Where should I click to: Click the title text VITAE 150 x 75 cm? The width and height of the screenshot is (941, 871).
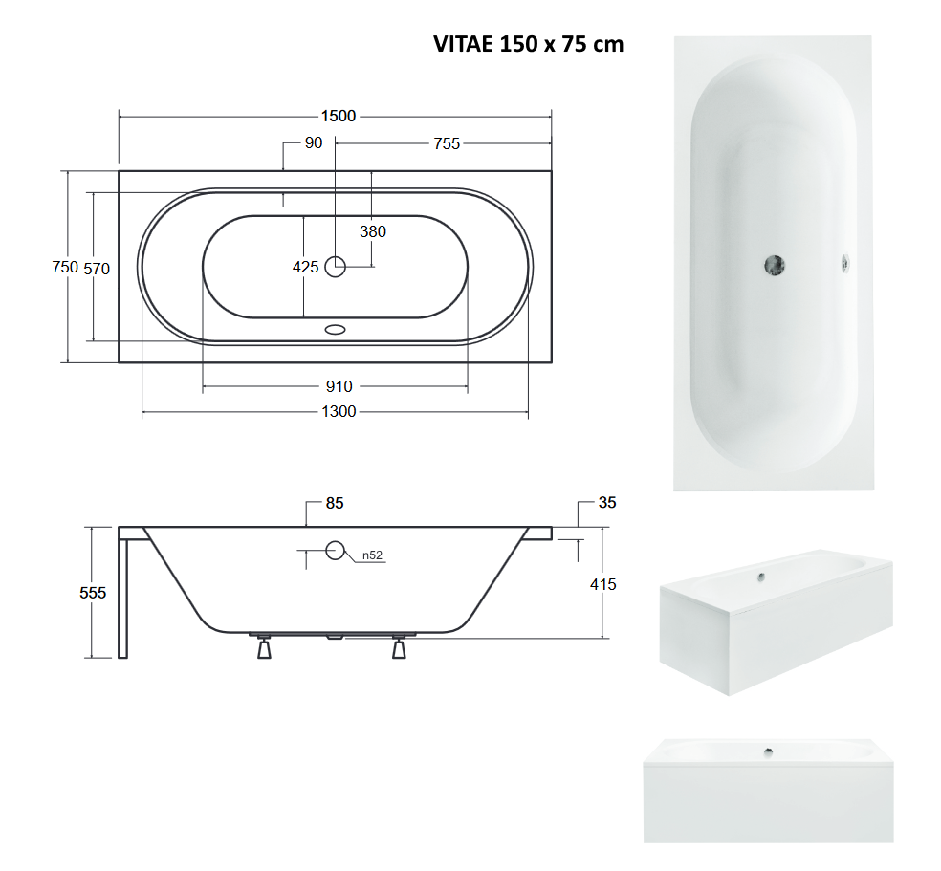528,44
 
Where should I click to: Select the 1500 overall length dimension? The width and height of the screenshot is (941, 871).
339,116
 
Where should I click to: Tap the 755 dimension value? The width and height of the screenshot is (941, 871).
447,143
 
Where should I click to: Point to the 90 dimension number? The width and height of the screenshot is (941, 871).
314,142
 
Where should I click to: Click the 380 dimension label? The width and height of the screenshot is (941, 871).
373,231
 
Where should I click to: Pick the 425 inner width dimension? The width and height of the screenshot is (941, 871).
305,267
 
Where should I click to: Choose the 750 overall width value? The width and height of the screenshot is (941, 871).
65,267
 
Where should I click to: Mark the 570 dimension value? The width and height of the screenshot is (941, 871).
97,269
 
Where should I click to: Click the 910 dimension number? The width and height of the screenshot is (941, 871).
339,387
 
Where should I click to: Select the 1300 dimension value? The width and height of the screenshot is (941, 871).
339,411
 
